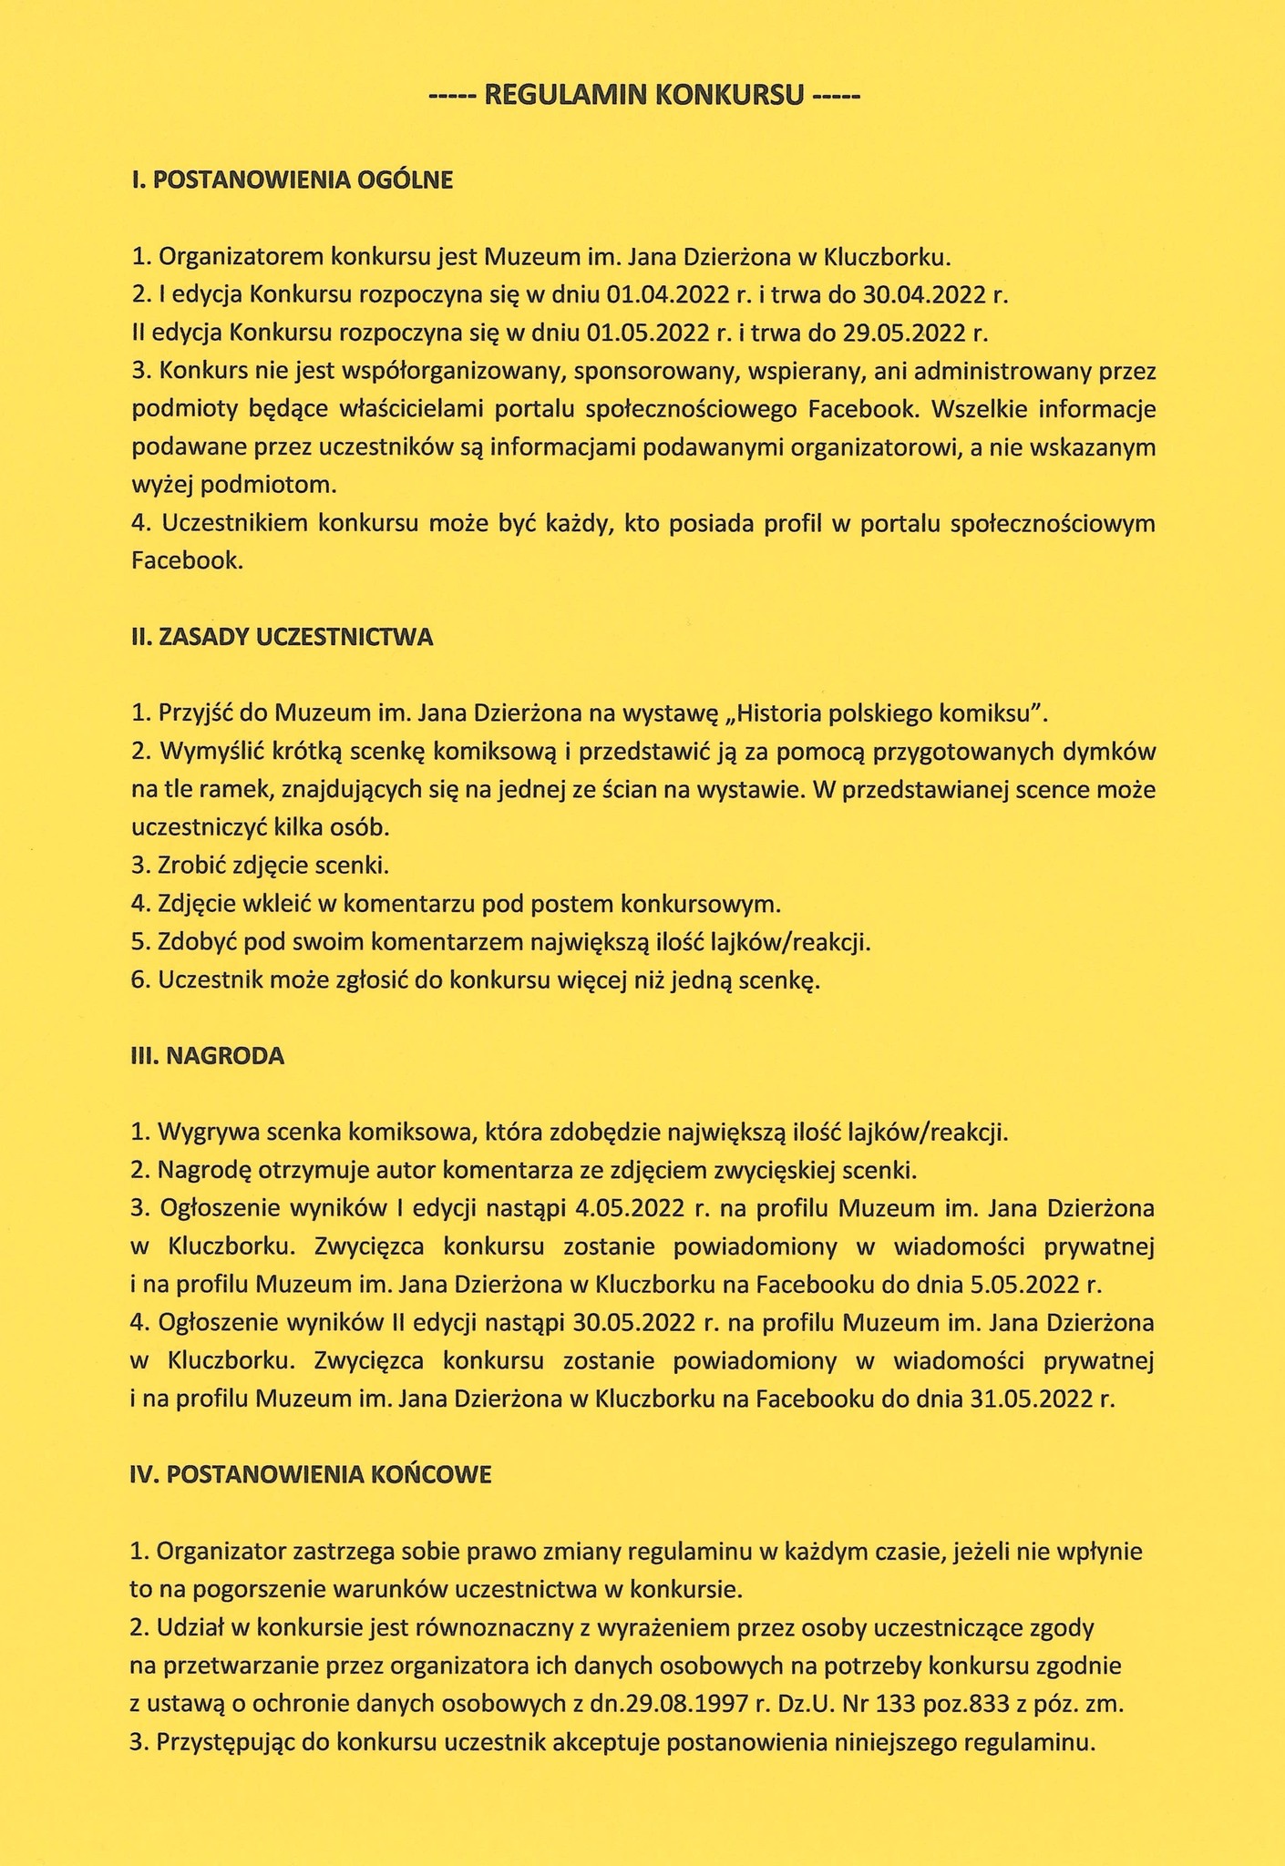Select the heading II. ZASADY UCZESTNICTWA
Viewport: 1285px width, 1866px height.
pyautogui.click(x=283, y=638)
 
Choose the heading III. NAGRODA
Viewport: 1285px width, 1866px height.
pyautogui.click(x=208, y=1056)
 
